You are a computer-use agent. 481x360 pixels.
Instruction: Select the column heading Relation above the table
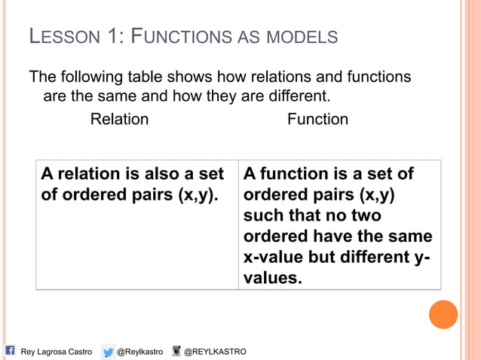pyautogui.click(x=119, y=119)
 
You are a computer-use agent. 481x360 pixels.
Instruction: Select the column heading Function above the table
pyautogui.click(x=317, y=119)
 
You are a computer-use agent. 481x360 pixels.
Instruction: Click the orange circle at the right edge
pyautogui.click(x=443, y=314)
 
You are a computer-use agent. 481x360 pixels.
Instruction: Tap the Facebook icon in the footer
pyautogui.click(x=11, y=350)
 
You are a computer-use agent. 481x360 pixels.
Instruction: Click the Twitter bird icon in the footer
pyautogui.click(x=109, y=351)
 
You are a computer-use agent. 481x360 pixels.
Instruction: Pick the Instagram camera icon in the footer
pyautogui.click(x=176, y=351)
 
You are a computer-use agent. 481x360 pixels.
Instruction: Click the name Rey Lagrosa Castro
pyautogui.click(x=56, y=352)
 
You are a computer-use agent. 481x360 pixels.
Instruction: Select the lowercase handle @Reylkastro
pyautogui.click(x=140, y=352)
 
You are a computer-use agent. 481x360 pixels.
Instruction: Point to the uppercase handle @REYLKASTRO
pyautogui.click(x=215, y=352)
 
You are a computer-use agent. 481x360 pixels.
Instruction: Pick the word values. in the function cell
pyautogui.click(x=272, y=278)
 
